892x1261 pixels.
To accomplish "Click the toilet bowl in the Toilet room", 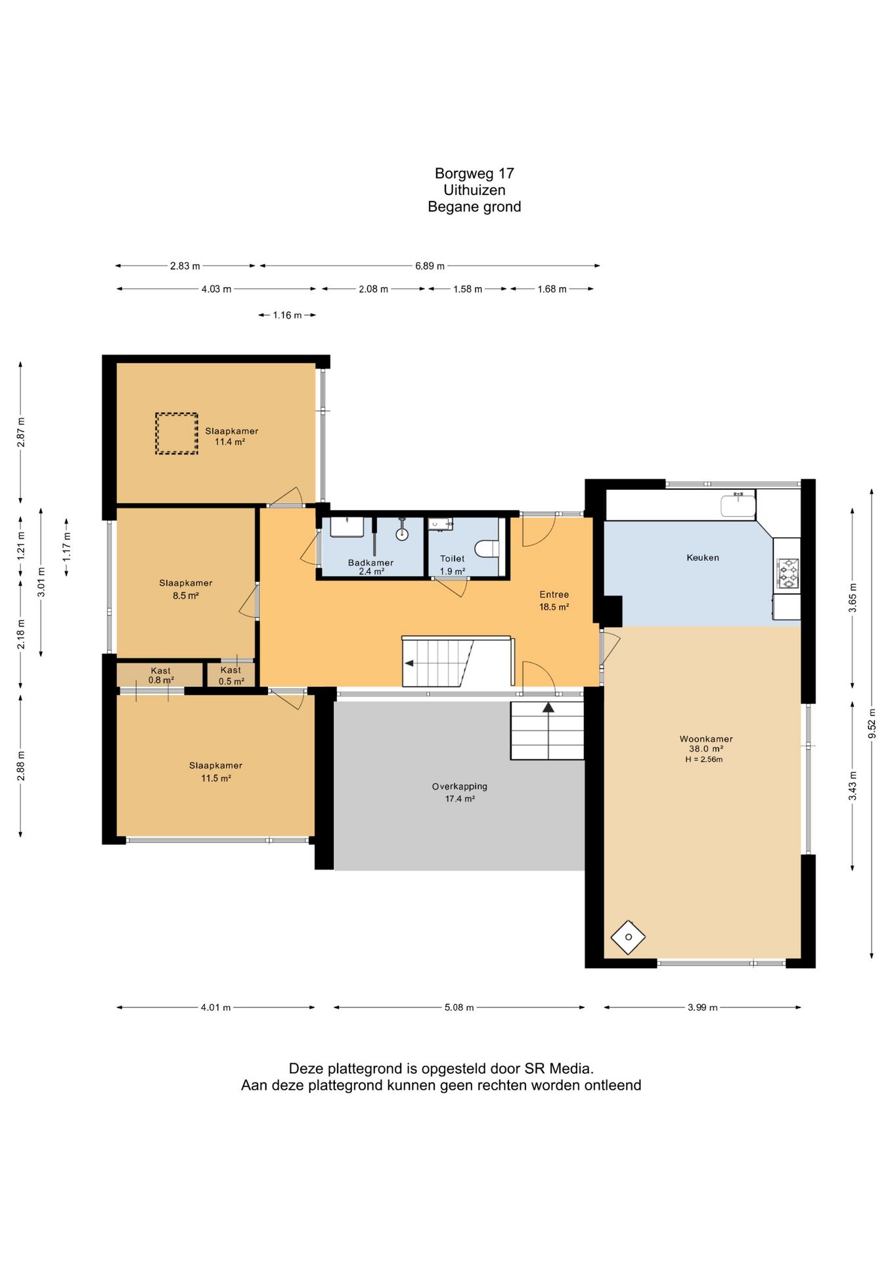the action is click(487, 548).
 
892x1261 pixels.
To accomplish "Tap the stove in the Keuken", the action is click(788, 573).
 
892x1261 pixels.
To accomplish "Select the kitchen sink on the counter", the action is click(738, 506).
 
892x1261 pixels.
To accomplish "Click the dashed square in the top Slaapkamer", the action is click(177, 433).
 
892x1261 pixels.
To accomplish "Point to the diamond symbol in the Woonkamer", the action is click(628, 937).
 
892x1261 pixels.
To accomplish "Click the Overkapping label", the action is click(460, 786).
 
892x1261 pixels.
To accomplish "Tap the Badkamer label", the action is click(370, 562).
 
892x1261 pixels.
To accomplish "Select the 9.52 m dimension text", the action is click(872, 723).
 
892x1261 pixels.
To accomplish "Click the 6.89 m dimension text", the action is click(430, 266).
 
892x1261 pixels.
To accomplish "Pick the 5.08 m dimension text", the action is click(459, 1007).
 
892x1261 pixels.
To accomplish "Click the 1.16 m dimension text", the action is click(287, 315).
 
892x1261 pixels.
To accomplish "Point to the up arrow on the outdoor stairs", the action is click(548, 707).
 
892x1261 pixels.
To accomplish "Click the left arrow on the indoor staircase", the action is click(409, 663).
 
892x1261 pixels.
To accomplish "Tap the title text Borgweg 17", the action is click(474, 173).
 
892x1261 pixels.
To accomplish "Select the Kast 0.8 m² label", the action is click(161, 675).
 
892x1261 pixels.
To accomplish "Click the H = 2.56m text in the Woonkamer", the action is click(704, 759).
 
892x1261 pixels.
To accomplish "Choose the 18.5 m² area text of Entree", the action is click(554, 607).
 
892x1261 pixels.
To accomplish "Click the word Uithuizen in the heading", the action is click(474, 190).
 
